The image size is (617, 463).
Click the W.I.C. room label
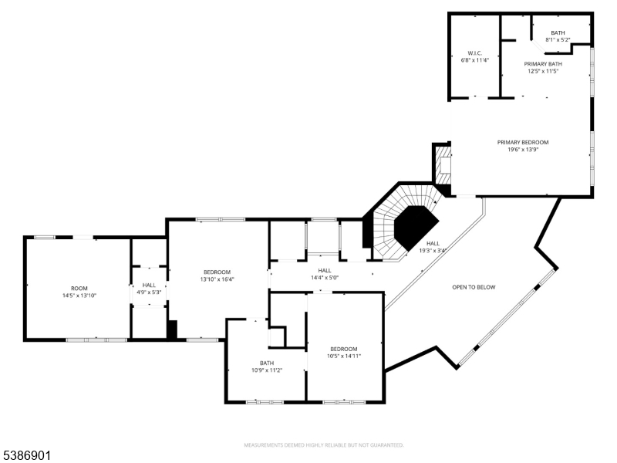click(x=474, y=53)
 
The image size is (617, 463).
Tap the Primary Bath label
click(x=543, y=64)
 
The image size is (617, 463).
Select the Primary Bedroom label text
click(x=523, y=142)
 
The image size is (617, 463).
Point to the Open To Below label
click(x=474, y=287)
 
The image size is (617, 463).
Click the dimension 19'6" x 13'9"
click(x=523, y=150)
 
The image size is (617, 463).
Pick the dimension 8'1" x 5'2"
click(x=558, y=40)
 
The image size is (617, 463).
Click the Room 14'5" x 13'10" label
click(x=79, y=292)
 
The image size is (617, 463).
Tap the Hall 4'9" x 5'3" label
click(x=149, y=289)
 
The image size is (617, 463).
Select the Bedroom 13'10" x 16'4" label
click(x=217, y=275)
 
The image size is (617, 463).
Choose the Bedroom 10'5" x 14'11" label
click(x=344, y=353)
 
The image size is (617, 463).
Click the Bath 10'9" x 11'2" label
click(x=267, y=367)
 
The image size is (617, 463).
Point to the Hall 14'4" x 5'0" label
click(x=325, y=274)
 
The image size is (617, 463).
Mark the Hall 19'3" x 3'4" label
click(x=433, y=247)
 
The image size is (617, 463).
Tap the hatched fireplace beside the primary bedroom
click(x=443, y=165)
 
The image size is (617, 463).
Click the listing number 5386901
click(x=25, y=456)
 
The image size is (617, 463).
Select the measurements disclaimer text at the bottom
click(x=324, y=445)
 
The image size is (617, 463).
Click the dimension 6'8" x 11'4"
click(x=474, y=61)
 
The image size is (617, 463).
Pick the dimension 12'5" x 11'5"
click(x=543, y=71)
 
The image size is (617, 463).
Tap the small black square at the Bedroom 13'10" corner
click(x=172, y=330)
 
